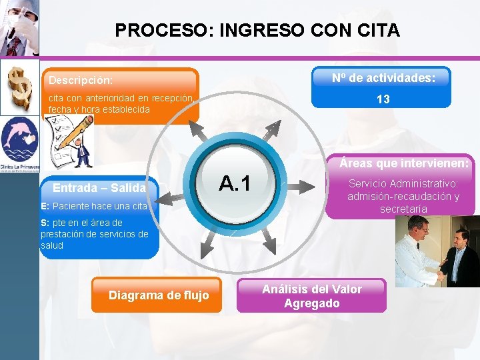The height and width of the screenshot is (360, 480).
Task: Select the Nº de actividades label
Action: click(x=383, y=78)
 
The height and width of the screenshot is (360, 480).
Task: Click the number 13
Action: click(x=383, y=99)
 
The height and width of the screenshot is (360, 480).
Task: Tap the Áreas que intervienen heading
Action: click(x=404, y=163)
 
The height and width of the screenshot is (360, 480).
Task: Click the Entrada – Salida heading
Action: click(x=99, y=189)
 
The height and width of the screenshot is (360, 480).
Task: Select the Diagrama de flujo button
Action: click(x=159, y=295)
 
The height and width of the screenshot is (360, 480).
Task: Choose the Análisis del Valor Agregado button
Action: click(x=312, y=296)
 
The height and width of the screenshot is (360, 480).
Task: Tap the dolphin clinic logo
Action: click(x=19, y=143)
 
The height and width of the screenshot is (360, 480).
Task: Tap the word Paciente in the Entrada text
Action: click(x=71, y=206)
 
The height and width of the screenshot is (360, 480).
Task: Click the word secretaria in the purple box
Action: click(x=403, y=209)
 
